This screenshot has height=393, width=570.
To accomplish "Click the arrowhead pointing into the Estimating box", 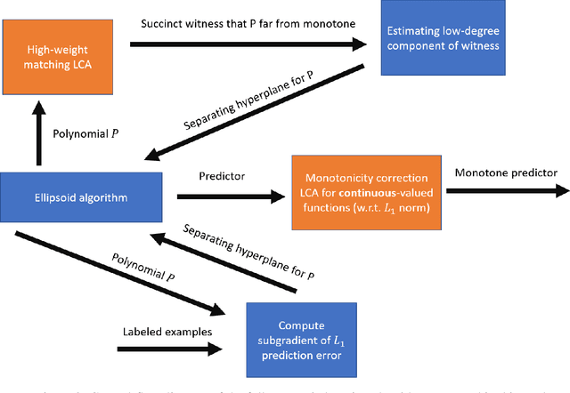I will pyautogui.click(x=359, y=42).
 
